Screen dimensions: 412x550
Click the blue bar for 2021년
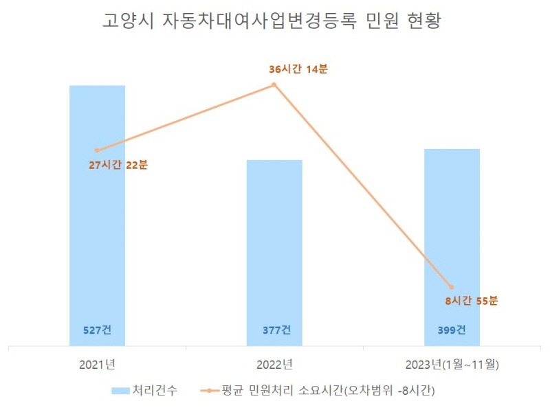coord(97,227)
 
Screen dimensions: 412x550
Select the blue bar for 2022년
coord(274,261)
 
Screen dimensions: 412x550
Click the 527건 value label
coord(97,330)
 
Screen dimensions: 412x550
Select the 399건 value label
coord(452,330)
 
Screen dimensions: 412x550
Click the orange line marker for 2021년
coord(97,150)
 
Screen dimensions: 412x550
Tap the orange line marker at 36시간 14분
coord(274,84)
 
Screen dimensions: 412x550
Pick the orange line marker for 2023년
coord(452,286)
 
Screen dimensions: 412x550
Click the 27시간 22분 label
coord(118,165)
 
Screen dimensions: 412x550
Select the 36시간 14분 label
coord(298,69)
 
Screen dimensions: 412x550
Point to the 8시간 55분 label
coord(472,301)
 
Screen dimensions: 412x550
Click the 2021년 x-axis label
coord(97,364)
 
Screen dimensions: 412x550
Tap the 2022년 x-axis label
coord(274,364)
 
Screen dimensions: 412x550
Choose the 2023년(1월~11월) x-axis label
coord(452,364)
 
